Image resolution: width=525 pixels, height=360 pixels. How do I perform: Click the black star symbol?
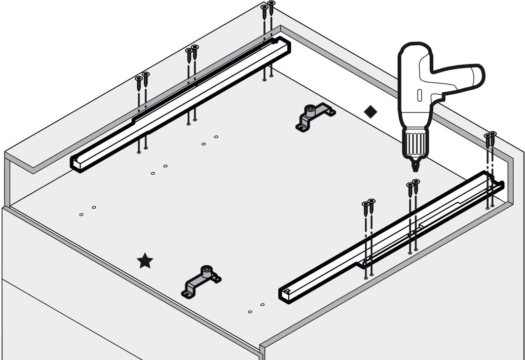pos(145,261)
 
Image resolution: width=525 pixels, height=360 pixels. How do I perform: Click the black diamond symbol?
pos(370,112)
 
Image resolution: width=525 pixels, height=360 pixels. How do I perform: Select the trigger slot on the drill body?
pos(420,95)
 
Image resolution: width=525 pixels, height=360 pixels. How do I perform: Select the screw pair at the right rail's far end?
pos(490,139)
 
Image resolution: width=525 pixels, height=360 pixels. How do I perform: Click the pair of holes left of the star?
pos(87,211)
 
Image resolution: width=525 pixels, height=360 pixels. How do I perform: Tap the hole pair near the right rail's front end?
pos(256,308)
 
